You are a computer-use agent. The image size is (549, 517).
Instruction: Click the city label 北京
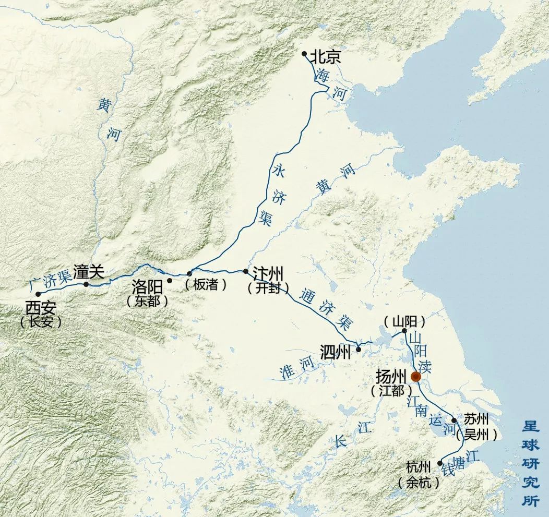click(x=326, y=56)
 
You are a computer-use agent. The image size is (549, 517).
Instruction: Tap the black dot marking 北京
click(x=305, y=54)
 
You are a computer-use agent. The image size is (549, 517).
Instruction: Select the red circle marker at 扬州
click(x=416, y=377)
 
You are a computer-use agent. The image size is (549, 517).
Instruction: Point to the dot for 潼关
click(x=86, y=284)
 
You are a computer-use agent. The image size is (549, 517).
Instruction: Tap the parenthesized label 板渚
click(x=206, y=285)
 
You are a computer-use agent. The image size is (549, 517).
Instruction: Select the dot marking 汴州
click(x=246, y=271)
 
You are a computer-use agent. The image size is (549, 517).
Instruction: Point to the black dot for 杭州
click(x=439, y=462)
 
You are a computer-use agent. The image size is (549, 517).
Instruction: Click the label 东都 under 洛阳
click(x=147, y=300)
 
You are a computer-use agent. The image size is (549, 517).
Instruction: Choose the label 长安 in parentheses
click(x=41, y=321)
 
